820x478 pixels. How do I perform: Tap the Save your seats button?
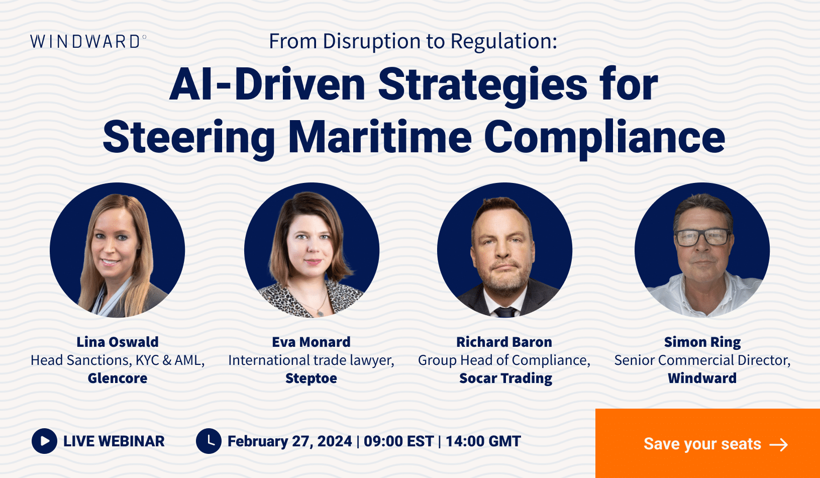pyautogui.click(x=707, y=443)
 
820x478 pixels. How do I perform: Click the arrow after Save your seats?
pyautogui.click(x=779, y=444)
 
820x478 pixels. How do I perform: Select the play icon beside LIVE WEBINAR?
pyautogui.click(x=44, y=441)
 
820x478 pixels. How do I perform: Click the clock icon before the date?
pyautogui.click(x=209, y=441)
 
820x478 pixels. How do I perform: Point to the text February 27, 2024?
pyautogui.click(x=290, y=441)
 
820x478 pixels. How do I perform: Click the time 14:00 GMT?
pyautogui.click(x=483, y=441)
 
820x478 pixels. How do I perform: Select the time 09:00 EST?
pyautogui.click(x=398, y=441)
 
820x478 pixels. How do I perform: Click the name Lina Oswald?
pyautogui.click(x=118, y=342)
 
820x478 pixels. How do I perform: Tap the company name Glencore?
pyautogui.click(x=118, y=378)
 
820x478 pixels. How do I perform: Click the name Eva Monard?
pyautogui.click(x=311, y=342)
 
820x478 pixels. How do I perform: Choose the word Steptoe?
pyautogui.click(x=311, y=378)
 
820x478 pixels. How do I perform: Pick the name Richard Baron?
pyautogui.click(x=504, y=342)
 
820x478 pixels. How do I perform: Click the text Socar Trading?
pyautogui.click(x=505, y=378)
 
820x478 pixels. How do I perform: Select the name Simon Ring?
pyautogui.click(x=702, y=342)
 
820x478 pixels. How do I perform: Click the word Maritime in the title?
pyautogui.click(x=380, y=137)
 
